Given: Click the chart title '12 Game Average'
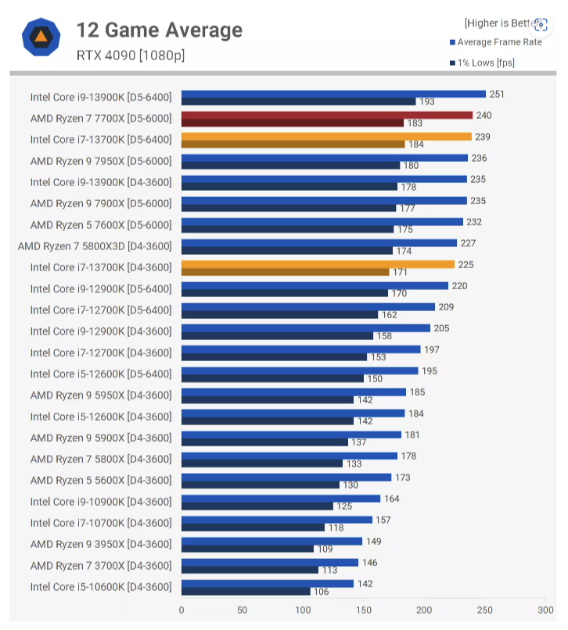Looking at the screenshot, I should [x=159, y=30].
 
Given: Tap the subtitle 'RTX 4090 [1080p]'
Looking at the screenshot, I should [x=131, y=55].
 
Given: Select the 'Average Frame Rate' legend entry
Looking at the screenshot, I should [x=499, y=42].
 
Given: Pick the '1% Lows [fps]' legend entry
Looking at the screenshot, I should [x=485, y=63].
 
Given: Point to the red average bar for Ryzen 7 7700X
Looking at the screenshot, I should [x=326, y=115].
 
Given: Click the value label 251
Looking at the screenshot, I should [x=497, y=95].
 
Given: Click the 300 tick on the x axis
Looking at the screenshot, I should [x=545, y=610].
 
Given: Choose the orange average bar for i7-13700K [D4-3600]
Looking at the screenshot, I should [x=318, y=264].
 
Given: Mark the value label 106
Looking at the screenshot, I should [x=322, y=592].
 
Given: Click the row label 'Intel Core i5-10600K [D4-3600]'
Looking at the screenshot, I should [x=100, y=587].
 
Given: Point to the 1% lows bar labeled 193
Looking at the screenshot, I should [x=298, y=102].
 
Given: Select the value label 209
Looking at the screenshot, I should [x=446, y=307].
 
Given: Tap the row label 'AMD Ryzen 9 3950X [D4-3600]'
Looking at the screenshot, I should [x=100, y=544].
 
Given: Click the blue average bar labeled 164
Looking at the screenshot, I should [x=281, y=498].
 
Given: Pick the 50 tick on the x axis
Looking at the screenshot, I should [x=243, y=610].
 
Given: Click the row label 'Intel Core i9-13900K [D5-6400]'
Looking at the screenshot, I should [x=100, y=97].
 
